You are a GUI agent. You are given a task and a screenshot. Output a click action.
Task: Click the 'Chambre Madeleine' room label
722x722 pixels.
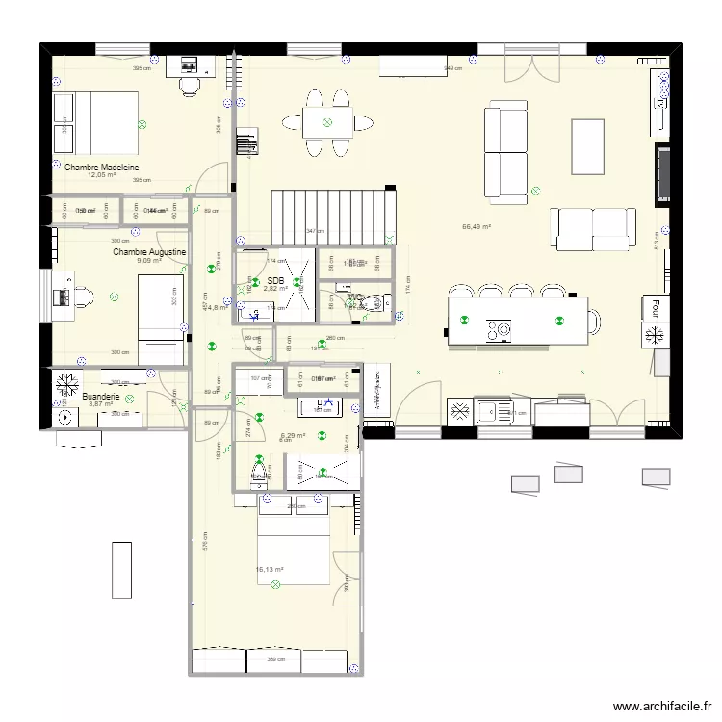(x=102, y=167)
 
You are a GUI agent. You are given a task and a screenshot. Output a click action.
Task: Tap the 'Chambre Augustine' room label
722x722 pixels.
(x=149, y=252)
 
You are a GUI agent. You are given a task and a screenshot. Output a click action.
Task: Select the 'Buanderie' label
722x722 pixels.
(x=101, y=397)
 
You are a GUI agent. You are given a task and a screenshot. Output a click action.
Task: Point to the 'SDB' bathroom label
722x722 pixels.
(x=275, y=280)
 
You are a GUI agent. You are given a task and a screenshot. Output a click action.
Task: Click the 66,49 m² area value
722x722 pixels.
(x=477, y=227)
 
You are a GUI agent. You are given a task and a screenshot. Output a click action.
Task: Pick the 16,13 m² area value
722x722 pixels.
(x=269, y=569)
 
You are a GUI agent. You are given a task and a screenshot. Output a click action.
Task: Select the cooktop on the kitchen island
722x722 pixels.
(x=499, y=330)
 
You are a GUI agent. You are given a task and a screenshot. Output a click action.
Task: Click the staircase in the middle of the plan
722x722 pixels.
(x=333, y=217)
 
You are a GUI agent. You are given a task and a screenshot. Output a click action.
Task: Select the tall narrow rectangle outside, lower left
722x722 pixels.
(x=121, y=570)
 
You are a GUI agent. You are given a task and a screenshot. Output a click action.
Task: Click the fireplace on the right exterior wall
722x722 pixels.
(x=662, y=174)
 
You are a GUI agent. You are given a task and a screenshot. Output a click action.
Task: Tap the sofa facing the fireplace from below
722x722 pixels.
(x=592, y=228)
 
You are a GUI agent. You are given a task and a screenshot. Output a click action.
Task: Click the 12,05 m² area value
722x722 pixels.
(x=101, y=175)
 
